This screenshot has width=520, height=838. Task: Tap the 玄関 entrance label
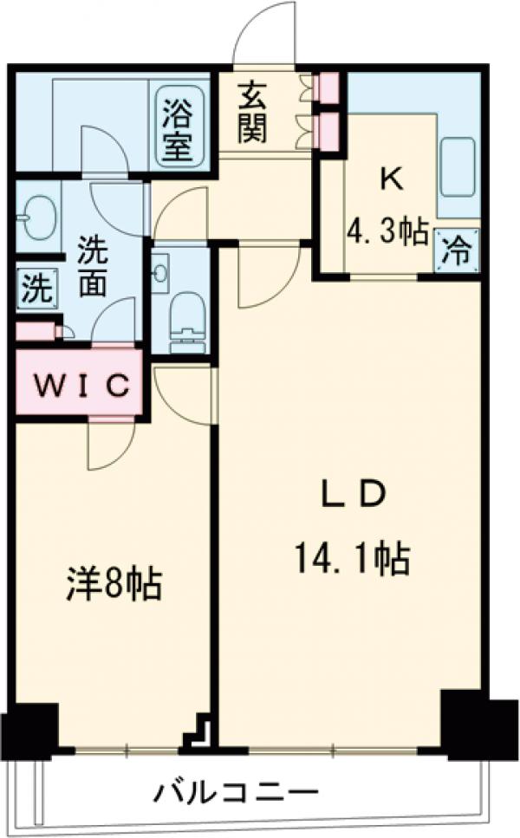[x=254, y=112]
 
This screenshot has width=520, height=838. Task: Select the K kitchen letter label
[x=391, y=179]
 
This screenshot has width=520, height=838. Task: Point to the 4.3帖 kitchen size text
[x=388, y=231]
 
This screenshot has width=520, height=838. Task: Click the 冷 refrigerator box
[x=457, y=251]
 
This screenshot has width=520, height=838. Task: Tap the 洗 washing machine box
[x=36, y=287]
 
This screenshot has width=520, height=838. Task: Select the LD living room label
[x=350, y=496]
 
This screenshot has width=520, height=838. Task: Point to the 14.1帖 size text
[x=352, y=561]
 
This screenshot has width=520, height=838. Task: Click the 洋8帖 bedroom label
[x=114, y=587]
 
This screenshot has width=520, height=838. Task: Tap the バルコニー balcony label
[x=237, y=791]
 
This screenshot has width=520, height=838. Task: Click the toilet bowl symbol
[x=185, y=321]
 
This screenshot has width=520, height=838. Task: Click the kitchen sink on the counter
[x=458, y=167]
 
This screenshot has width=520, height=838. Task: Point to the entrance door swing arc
[x=266, y=33]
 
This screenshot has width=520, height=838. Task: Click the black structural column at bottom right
[x=465, y=719]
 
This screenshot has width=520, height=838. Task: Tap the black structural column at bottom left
[x=29, y=728]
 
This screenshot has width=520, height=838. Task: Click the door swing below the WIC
[x=107, y=445]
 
